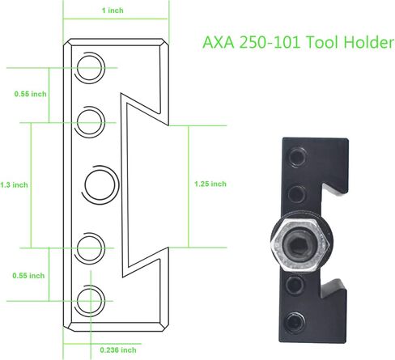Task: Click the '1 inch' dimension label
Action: [113, 11]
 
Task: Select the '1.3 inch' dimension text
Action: [14, 185]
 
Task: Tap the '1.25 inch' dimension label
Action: [210, 184]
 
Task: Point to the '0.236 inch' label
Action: [118, 350]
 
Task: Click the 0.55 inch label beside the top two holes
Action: [30, 94]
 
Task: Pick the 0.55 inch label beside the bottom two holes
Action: [28, 276]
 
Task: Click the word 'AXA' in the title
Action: [219, 43]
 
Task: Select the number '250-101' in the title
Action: [270, 43]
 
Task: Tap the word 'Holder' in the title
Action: [369, 43]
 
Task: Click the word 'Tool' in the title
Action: [322, 43]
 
